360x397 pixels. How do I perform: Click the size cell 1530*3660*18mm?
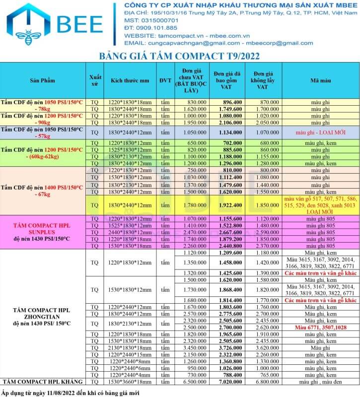(x=130, y=382)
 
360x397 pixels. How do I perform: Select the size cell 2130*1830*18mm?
(x=130, y=348)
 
